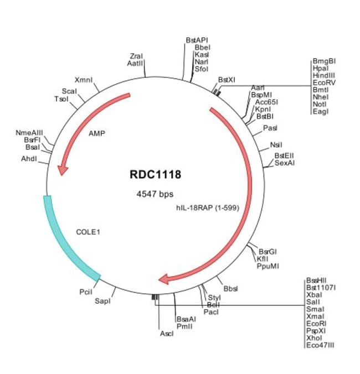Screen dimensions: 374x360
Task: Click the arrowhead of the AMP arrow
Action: [63, 169]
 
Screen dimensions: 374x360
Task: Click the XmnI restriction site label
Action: [84, 80]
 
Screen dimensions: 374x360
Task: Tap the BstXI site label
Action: [227, 80]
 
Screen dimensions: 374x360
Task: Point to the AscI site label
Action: [167, 334]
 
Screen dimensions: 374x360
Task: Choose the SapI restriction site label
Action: [103, 301]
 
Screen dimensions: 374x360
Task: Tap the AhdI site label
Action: [29, 158]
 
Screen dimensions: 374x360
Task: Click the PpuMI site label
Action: [268, 266]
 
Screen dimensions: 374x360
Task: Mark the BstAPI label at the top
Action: [197, 40]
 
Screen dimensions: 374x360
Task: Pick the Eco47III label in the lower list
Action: [320, 345]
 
